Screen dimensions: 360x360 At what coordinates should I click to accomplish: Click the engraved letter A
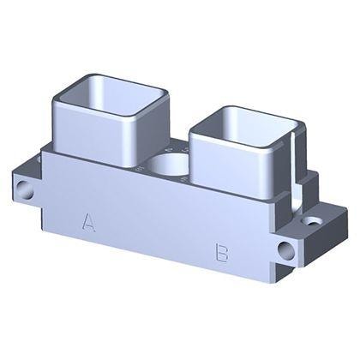[88, 222]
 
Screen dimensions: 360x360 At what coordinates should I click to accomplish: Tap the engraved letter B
[222, 253]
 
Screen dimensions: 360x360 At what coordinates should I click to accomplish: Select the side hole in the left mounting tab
[27, 190]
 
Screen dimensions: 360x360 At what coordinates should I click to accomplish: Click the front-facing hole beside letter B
[285, 250]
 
